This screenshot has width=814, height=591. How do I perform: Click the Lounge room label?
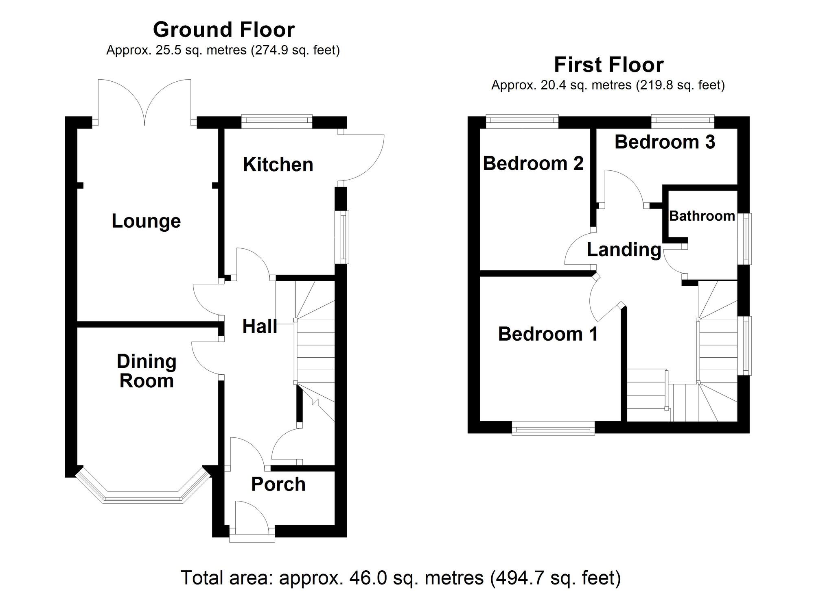click(x=146, y=221)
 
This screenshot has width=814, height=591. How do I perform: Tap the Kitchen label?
click(x=278, y=165)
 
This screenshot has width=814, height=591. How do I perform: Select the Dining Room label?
click(x=147, y=371)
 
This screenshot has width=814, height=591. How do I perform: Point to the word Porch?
click(x=278, y=484)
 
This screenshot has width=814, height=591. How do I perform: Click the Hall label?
click(x=260, y=326)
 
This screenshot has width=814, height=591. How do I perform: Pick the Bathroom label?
click(x=702, y=216)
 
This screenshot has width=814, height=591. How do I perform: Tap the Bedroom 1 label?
click(x=548, y=334)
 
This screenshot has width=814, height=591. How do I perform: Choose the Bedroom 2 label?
click(x=533, y=163)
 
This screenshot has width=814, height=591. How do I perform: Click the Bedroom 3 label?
click(x=665, y=142)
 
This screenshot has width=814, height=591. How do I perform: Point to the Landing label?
click(x=624, y=250)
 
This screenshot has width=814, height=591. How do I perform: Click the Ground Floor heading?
click(x=224, y=30)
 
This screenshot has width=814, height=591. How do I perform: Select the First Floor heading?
click(x=609, y=65)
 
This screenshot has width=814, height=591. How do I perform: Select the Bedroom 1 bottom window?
click(x=553, y=428)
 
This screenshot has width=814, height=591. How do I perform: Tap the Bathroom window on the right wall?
click(x=746, y=239)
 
